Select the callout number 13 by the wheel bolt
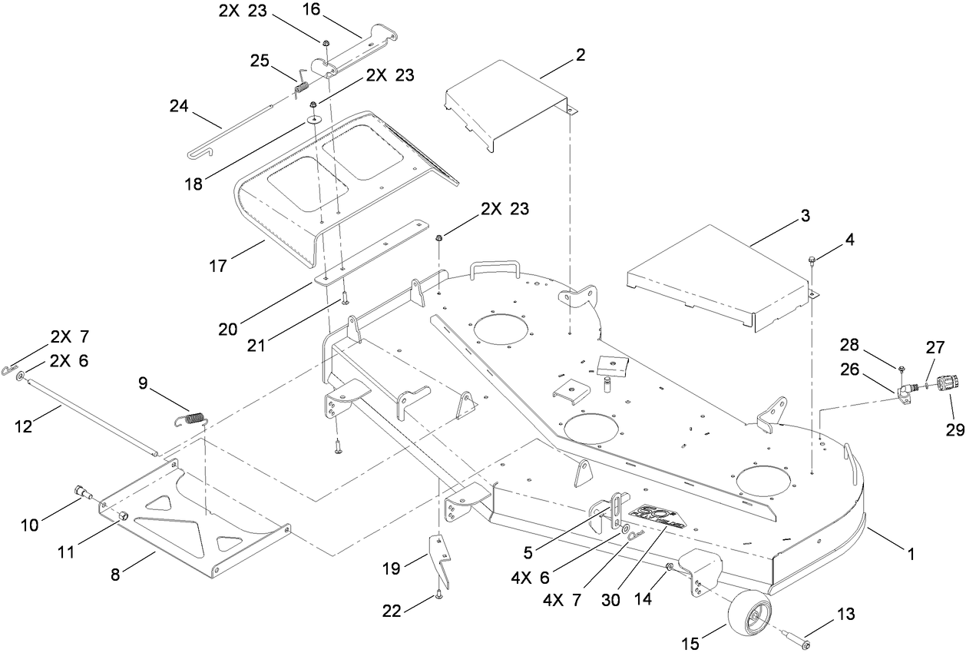[845, 615]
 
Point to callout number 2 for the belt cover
[581, 55]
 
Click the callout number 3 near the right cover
[805, 217]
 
